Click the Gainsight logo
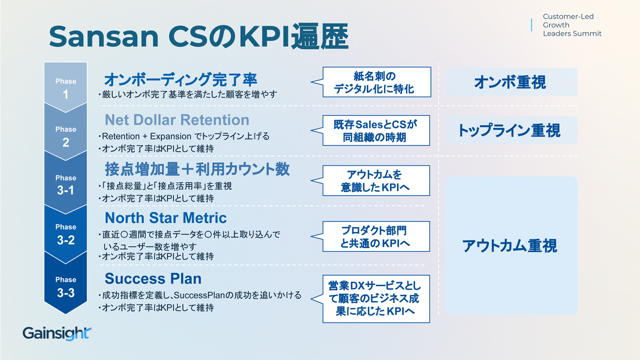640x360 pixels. [x=57, y=333]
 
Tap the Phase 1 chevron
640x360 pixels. [x=65, y=86]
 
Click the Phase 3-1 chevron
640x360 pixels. [x=65, y=183]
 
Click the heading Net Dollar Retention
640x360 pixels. [x=177, y=120]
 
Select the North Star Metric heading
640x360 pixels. [x=166, y=218]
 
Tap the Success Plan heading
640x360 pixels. [x=153, y=279]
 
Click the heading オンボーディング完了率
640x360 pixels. [x=181, y=79]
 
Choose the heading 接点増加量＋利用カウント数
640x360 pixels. [x=197, y=169]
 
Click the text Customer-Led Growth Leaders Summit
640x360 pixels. [x=572, y=25]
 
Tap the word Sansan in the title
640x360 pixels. [x=104, y=36]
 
